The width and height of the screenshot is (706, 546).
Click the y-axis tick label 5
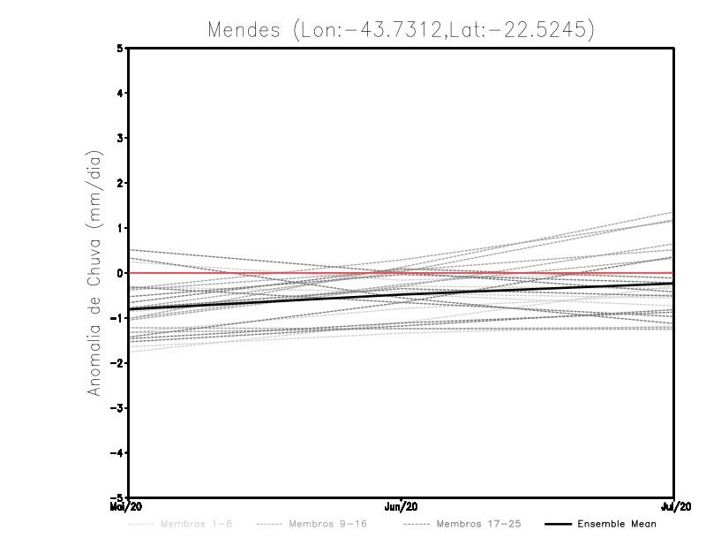120,48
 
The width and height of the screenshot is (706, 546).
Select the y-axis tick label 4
120,93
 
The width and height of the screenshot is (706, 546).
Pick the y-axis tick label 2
120,183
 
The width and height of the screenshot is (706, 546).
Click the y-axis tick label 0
120,273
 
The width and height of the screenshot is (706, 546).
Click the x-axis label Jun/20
402,507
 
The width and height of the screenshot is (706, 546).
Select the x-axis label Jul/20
675,507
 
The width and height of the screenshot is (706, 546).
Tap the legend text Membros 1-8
192,525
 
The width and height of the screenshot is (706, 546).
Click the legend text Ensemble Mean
617,525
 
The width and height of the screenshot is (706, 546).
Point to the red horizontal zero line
265,273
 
